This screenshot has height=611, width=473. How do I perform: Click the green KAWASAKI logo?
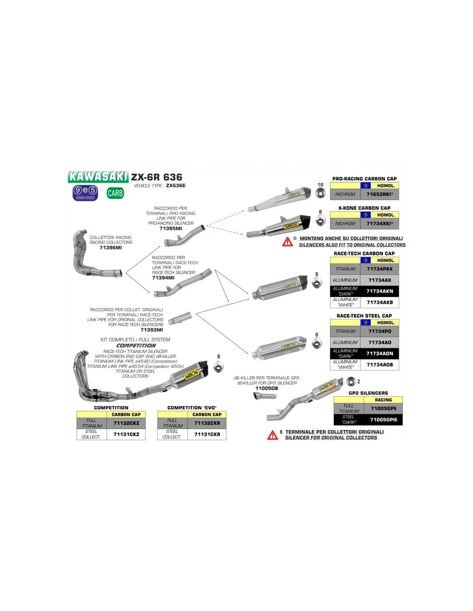98,177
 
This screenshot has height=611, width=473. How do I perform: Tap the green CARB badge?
115,193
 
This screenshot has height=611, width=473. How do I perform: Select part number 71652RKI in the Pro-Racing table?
380,194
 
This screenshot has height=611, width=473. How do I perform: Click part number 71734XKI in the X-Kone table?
380,223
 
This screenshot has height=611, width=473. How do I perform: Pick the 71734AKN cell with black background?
380,291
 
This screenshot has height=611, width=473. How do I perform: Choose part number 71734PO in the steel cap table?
380,331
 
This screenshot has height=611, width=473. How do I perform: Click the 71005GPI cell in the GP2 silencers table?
384,419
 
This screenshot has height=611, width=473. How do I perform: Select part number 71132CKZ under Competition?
126,423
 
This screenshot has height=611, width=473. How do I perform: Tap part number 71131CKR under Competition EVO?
207,434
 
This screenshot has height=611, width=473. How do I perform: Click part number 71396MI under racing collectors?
111,248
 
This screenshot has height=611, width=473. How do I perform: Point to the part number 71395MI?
171,229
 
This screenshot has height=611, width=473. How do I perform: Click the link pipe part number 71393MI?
152,330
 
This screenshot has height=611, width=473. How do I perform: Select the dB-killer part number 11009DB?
267,388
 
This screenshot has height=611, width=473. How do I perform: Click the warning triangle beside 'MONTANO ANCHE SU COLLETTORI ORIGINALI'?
288,242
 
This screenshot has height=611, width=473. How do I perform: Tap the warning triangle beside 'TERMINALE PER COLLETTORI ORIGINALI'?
273,435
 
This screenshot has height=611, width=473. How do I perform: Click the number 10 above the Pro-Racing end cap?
320,185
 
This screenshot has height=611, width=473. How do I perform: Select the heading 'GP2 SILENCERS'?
368,393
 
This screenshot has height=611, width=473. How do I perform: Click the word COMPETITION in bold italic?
136,345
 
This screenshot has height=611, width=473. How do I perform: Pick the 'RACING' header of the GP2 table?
383,400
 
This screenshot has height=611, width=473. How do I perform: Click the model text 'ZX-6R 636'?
157,177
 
